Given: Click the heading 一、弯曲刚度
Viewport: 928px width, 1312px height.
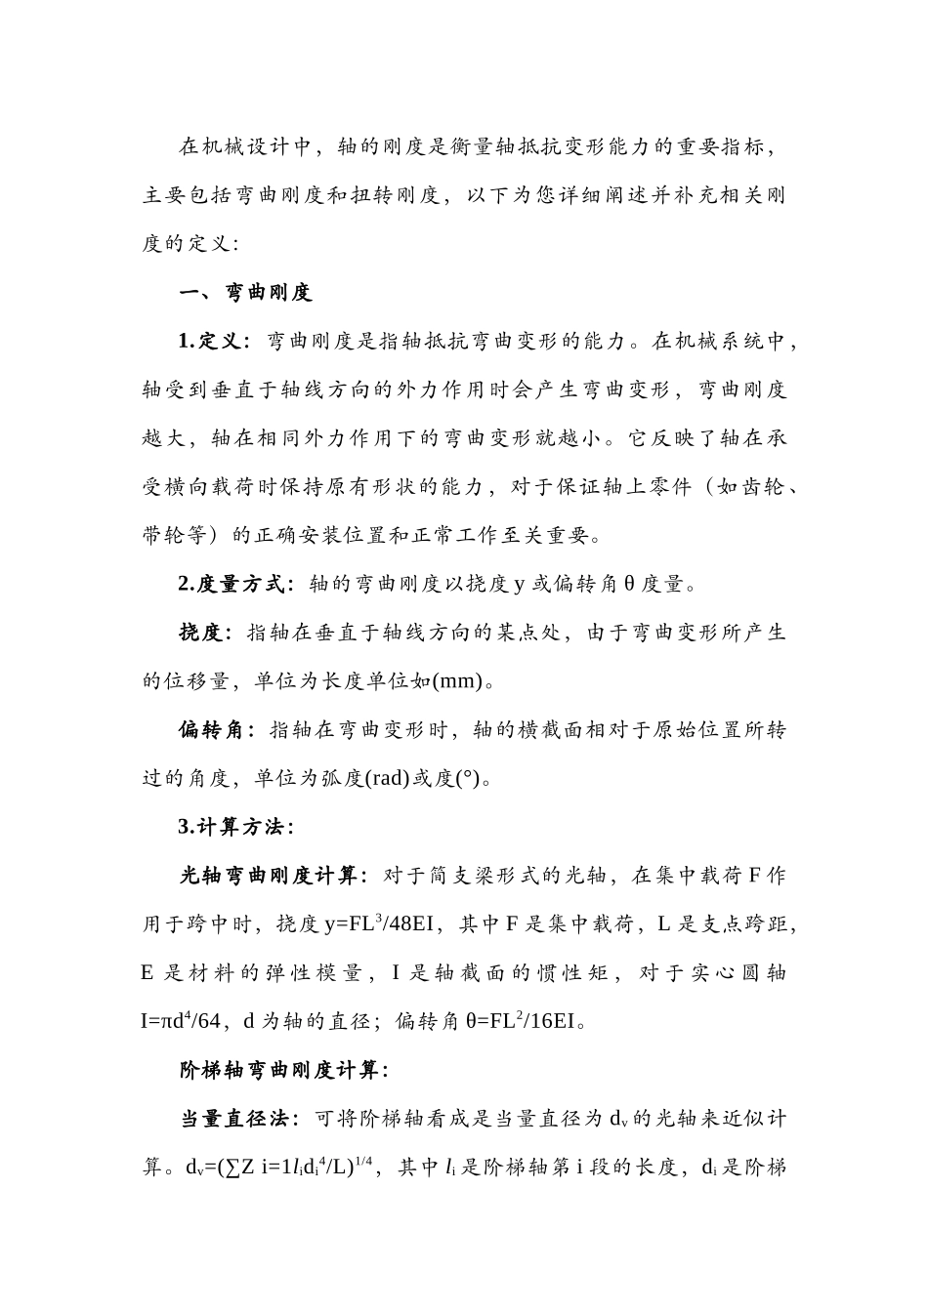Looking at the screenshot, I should click(245, 293).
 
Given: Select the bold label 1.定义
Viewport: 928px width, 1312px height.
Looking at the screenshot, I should click(209, 342).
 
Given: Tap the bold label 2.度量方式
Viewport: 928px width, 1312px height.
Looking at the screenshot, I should click(232, 585).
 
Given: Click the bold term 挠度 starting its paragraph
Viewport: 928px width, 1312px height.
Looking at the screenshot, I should click(201, 633).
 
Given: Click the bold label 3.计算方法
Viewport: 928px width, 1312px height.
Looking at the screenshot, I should click(232, 827).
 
